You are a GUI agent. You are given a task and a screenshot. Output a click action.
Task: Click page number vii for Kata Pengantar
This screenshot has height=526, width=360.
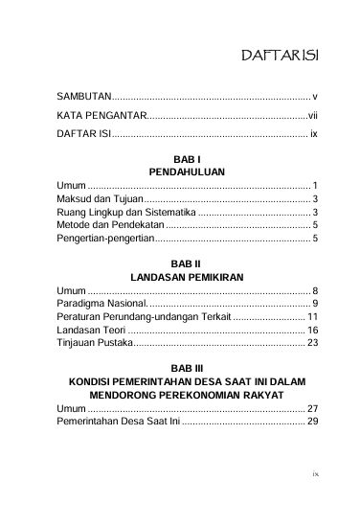312,116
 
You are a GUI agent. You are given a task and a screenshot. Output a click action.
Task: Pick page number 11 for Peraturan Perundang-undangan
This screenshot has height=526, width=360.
312,316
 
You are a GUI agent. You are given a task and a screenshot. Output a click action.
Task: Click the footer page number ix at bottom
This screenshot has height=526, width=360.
315,499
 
